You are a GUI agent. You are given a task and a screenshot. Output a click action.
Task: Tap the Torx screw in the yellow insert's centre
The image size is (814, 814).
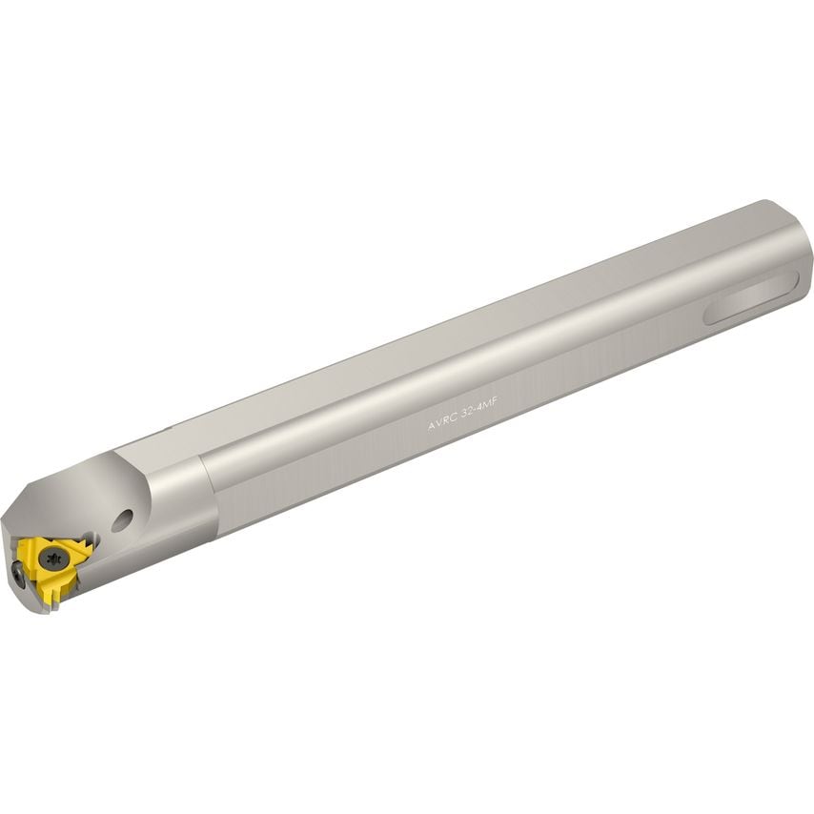[x=52, y=553]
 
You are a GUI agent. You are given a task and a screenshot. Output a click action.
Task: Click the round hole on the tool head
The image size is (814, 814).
[x=121, y=520]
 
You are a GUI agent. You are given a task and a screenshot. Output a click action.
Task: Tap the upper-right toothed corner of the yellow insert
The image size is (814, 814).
[x=86, y=545]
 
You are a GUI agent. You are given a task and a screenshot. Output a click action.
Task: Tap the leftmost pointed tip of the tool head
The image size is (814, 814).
[x=4, y=523]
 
